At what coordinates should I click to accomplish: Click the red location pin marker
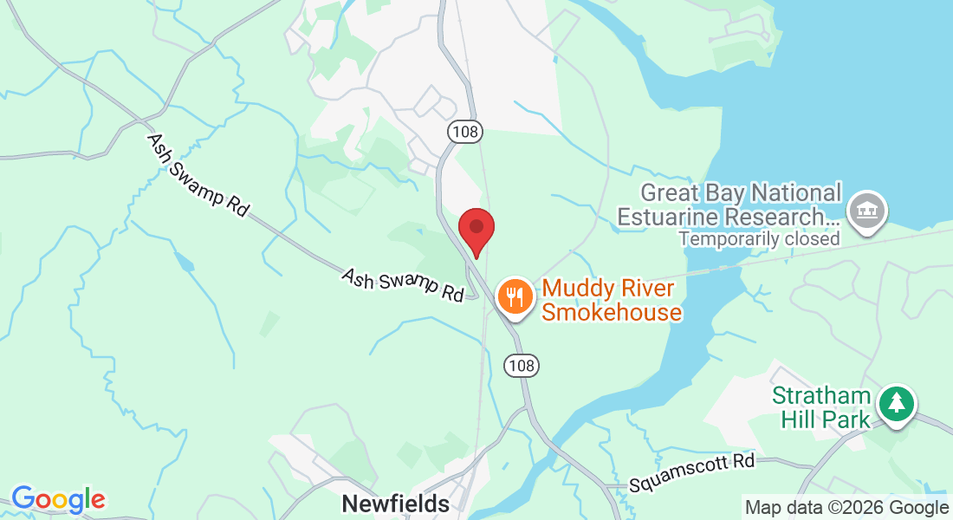click(x=476, y=231)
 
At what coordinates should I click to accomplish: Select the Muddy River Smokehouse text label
click(x=612, y=300)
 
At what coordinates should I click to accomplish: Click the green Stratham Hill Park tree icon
click(x=897, y=403)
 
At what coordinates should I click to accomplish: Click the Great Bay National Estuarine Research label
click(x=729, y=204)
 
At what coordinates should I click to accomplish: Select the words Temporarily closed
click(x=759, y=238)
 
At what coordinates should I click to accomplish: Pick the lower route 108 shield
click(x=522, y=366)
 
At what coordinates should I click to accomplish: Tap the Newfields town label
click(x=396, y=504)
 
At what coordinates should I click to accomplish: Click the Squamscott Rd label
click(x=693, y=471)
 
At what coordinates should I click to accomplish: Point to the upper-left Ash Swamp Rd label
click(x=198, y=175)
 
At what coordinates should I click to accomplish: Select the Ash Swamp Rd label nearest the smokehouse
click(x=403, y=284)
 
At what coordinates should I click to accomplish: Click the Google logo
click(x=58, y=500)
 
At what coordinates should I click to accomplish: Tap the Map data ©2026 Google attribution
click(x=846, y=508)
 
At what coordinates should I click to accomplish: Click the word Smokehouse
click(x=612, y=312)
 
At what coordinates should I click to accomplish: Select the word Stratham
click(x=821, y=396)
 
